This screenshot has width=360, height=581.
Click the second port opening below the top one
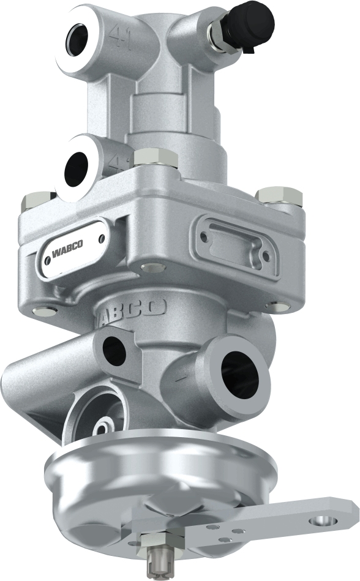[x=78, y=166]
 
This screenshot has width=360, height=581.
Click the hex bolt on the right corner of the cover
[x=279, y=196]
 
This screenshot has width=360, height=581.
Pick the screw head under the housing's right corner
[x=277, y=306]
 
